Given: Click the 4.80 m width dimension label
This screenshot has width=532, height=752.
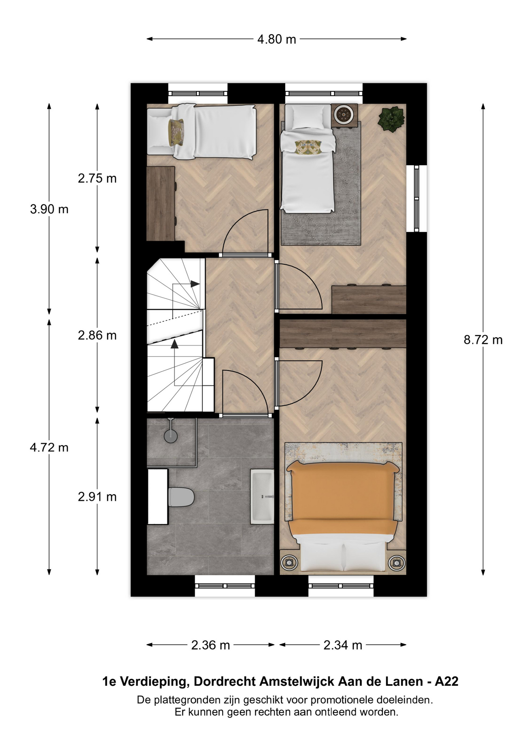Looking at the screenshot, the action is point(277,40).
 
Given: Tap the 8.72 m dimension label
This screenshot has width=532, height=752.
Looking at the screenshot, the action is point(483,340).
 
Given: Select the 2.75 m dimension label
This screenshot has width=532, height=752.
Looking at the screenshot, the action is point(97,179).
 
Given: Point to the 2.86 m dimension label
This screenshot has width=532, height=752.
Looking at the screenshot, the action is point(97,336).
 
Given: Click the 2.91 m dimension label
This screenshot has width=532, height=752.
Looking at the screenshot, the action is point(97,497).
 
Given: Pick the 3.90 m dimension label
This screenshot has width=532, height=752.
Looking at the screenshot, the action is point(49,210).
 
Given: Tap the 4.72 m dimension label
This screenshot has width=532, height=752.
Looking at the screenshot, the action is point(49,447).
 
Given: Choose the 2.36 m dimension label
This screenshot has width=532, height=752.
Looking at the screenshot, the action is point(210,645).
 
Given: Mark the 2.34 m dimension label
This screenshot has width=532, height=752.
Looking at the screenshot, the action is point(343,645).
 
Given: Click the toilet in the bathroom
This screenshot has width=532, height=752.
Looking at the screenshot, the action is point(181,497).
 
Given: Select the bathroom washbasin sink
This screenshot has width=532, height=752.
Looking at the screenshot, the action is point(262,497).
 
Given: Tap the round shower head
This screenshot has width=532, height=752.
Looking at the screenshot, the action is point(170,436).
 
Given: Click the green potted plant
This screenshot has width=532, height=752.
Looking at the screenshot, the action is point(391,119).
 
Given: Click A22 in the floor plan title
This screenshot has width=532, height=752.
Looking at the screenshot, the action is point(447,682).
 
